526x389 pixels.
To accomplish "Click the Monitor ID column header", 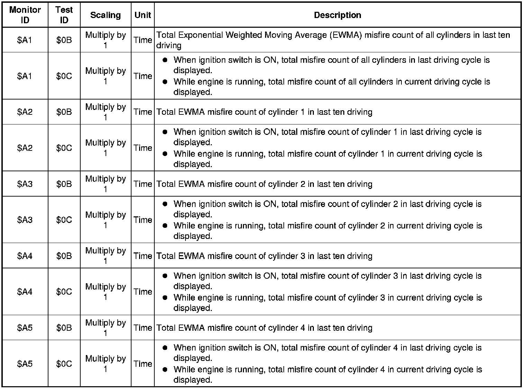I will click(25, 15).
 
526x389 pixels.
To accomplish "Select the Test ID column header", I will click(64, 15).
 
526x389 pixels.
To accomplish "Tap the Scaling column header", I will click(106, 15).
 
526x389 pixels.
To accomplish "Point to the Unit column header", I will click(143, 15).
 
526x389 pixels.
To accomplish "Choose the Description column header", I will click(337, 15).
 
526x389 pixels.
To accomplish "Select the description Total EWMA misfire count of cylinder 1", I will click(264, 112).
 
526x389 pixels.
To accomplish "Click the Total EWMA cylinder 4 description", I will click(264, 328).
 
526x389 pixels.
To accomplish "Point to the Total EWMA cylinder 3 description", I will click(264, 256).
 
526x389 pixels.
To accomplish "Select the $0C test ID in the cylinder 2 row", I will click(64, 220).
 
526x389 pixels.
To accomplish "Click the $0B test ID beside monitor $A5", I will click(64, 328).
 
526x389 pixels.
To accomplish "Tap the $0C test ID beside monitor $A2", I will click(64, 148).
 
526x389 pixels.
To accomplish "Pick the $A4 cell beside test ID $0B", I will click(25, 256).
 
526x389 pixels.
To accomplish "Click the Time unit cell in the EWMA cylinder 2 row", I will click(143, 184).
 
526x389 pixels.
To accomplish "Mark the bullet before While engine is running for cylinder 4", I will click(165, 369).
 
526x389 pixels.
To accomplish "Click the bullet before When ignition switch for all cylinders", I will click(165, 60).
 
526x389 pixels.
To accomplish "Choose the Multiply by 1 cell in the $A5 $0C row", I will click(106, 364).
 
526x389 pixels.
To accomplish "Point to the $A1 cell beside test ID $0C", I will click(25, 76).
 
